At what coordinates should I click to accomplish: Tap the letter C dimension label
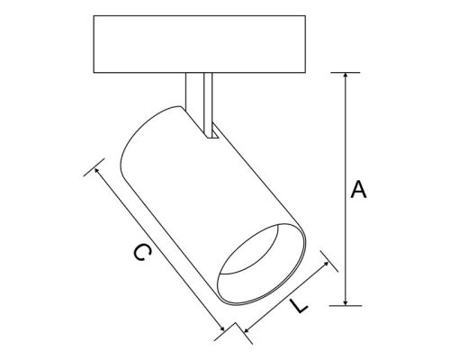137,255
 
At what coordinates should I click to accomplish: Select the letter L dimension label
301,306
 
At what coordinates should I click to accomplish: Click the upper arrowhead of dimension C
96,171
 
